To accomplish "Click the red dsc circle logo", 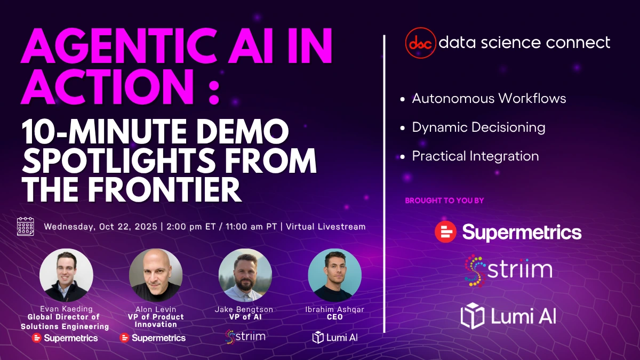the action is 421,43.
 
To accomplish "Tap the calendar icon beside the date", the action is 26,226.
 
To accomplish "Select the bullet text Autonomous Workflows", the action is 489,99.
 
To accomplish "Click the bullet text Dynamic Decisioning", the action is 478,127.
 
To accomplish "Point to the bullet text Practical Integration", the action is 475,156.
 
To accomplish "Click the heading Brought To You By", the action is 445,201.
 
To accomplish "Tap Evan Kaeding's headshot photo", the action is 66,275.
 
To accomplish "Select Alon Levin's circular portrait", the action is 156,275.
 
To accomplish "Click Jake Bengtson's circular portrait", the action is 245,275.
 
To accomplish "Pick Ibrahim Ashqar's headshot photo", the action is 334,275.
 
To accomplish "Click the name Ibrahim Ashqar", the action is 334,309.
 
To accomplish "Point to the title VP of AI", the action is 245,317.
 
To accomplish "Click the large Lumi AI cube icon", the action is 473,316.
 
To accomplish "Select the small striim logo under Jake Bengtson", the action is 245,337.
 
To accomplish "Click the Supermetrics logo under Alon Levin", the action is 153,338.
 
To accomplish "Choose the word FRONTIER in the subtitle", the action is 164,190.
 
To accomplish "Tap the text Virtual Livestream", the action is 326,227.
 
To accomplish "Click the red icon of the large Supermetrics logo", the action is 445,231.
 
